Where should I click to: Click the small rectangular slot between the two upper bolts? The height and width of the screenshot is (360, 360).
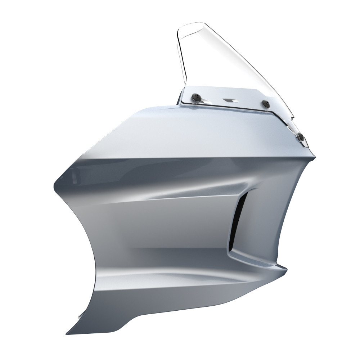tap(229, 100)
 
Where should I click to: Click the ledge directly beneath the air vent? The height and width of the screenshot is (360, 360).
tap(252, 257)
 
